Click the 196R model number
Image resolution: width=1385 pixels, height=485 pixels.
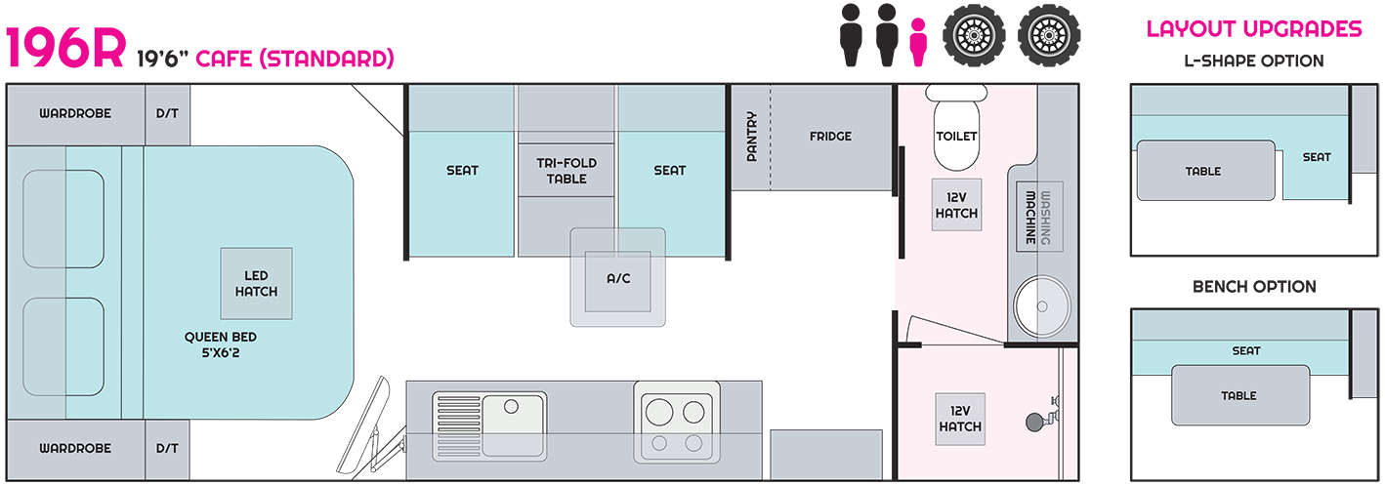click(66, 47)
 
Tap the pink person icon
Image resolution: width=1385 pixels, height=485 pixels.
click(918, 42)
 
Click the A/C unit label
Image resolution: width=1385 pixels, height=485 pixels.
click(618, 279)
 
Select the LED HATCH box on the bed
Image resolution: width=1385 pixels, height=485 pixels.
click(257, 284)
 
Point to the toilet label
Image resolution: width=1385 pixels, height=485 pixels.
click(956, 136)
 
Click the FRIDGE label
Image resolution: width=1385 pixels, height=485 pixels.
click(830, 136)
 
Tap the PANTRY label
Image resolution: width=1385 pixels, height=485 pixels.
click(751, 137)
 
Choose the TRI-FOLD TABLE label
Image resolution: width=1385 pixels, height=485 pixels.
click(567, 171)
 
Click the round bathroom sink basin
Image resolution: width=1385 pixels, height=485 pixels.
click(1042, 306)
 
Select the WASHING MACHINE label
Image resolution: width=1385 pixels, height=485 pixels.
click(1038, 217)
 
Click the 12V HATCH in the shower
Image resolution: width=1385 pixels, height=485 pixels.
click(960, 419)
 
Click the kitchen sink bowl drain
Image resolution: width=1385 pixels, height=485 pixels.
click(511, 407)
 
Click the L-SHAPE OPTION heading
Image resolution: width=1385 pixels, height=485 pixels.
click(1254, 61)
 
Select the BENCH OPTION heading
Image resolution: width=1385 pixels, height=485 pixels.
click(1254, 287)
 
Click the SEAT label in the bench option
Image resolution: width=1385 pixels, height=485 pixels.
click(1246, 351)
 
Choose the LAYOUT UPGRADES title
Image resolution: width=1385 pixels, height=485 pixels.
click(1254, 29)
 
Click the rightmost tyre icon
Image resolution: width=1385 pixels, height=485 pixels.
click(1049, 35)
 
